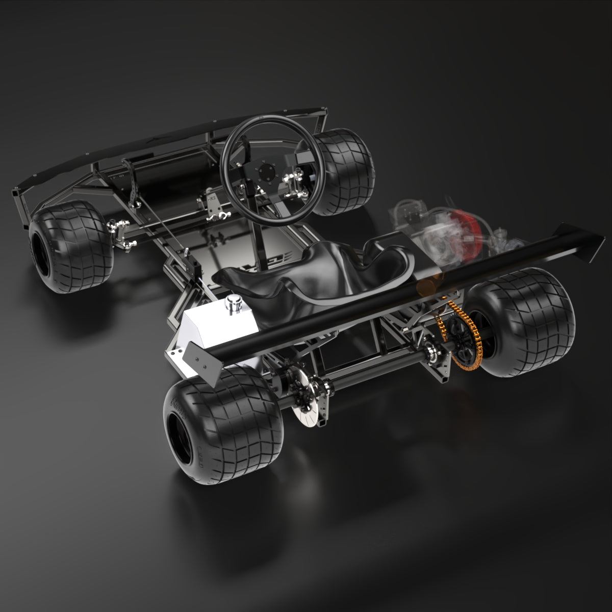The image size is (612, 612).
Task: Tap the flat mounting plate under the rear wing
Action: (x=201, y=360)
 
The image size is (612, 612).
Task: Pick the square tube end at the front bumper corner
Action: (x=16, y=194)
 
